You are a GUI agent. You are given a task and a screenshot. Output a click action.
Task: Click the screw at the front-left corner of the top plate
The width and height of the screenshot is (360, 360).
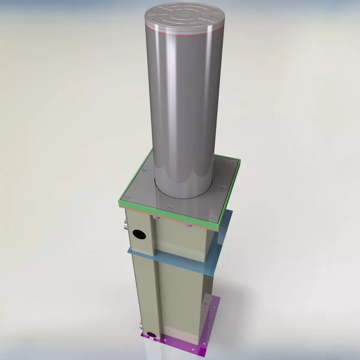128,197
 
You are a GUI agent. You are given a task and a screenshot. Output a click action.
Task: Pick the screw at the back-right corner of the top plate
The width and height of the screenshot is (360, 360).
232,162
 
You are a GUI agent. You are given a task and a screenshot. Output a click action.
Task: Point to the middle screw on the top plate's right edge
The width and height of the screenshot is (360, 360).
223,187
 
